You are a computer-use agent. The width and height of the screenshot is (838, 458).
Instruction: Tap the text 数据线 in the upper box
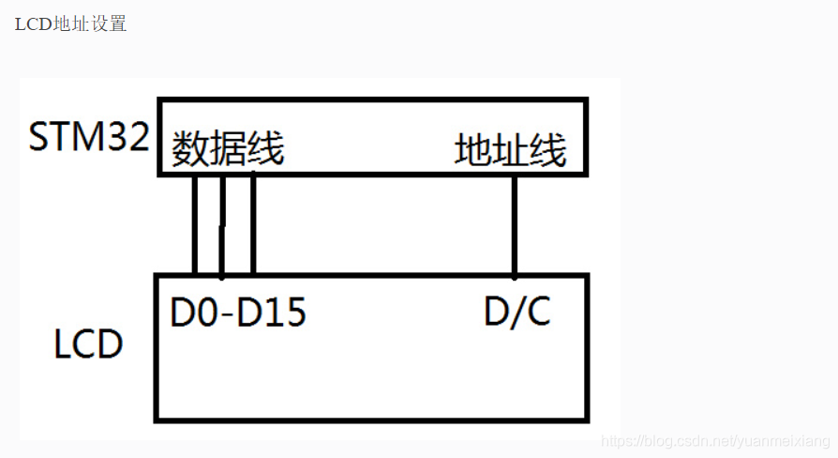point(228,149)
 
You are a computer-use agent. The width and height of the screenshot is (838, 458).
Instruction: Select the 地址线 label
point(511,150)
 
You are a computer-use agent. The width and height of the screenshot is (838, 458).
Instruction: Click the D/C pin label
point(517,313)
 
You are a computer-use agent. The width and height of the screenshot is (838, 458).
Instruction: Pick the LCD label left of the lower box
point(88,344)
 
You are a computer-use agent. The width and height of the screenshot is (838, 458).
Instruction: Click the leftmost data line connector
point(195,225)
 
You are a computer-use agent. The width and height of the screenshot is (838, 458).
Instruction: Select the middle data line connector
point(222,225)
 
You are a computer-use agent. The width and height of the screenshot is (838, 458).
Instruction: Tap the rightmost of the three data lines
point(253,225)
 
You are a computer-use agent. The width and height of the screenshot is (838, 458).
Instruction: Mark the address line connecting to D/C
point(515,225)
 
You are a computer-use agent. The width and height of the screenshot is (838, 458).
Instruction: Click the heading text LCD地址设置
point(70,24)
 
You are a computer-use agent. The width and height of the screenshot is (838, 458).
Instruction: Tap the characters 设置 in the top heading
point(110,24)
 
